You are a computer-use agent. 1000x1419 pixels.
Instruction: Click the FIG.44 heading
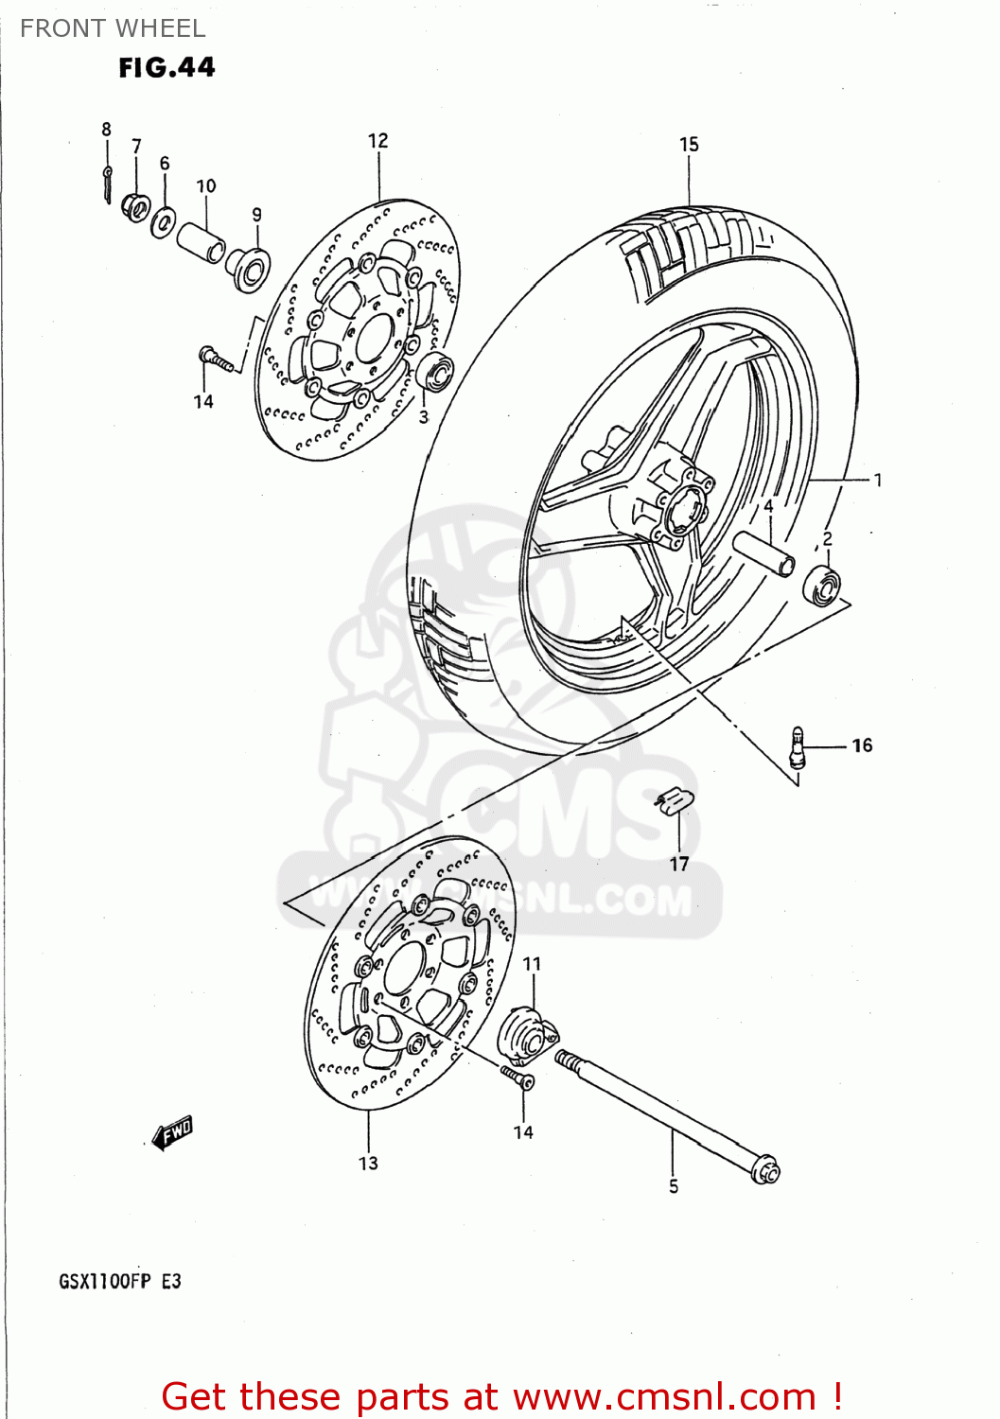[167, 67]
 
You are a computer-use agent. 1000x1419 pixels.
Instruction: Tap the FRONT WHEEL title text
[113, 28]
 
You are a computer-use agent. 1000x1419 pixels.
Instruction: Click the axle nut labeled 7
[136, 206]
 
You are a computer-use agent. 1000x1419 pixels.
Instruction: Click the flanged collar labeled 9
[249, 269]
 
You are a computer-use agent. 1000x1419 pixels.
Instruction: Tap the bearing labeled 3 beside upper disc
[436, 371]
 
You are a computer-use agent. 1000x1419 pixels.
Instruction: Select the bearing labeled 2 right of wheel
[821, 586]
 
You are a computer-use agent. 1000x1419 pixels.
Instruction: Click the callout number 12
[377, 141]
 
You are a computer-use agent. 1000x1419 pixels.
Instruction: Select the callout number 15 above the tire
[689, 144]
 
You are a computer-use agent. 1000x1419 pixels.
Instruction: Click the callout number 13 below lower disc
[368, 1163]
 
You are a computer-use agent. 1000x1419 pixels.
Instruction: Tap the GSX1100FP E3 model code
[120, 1282]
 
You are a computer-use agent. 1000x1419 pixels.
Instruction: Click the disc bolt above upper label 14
[215, 358]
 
